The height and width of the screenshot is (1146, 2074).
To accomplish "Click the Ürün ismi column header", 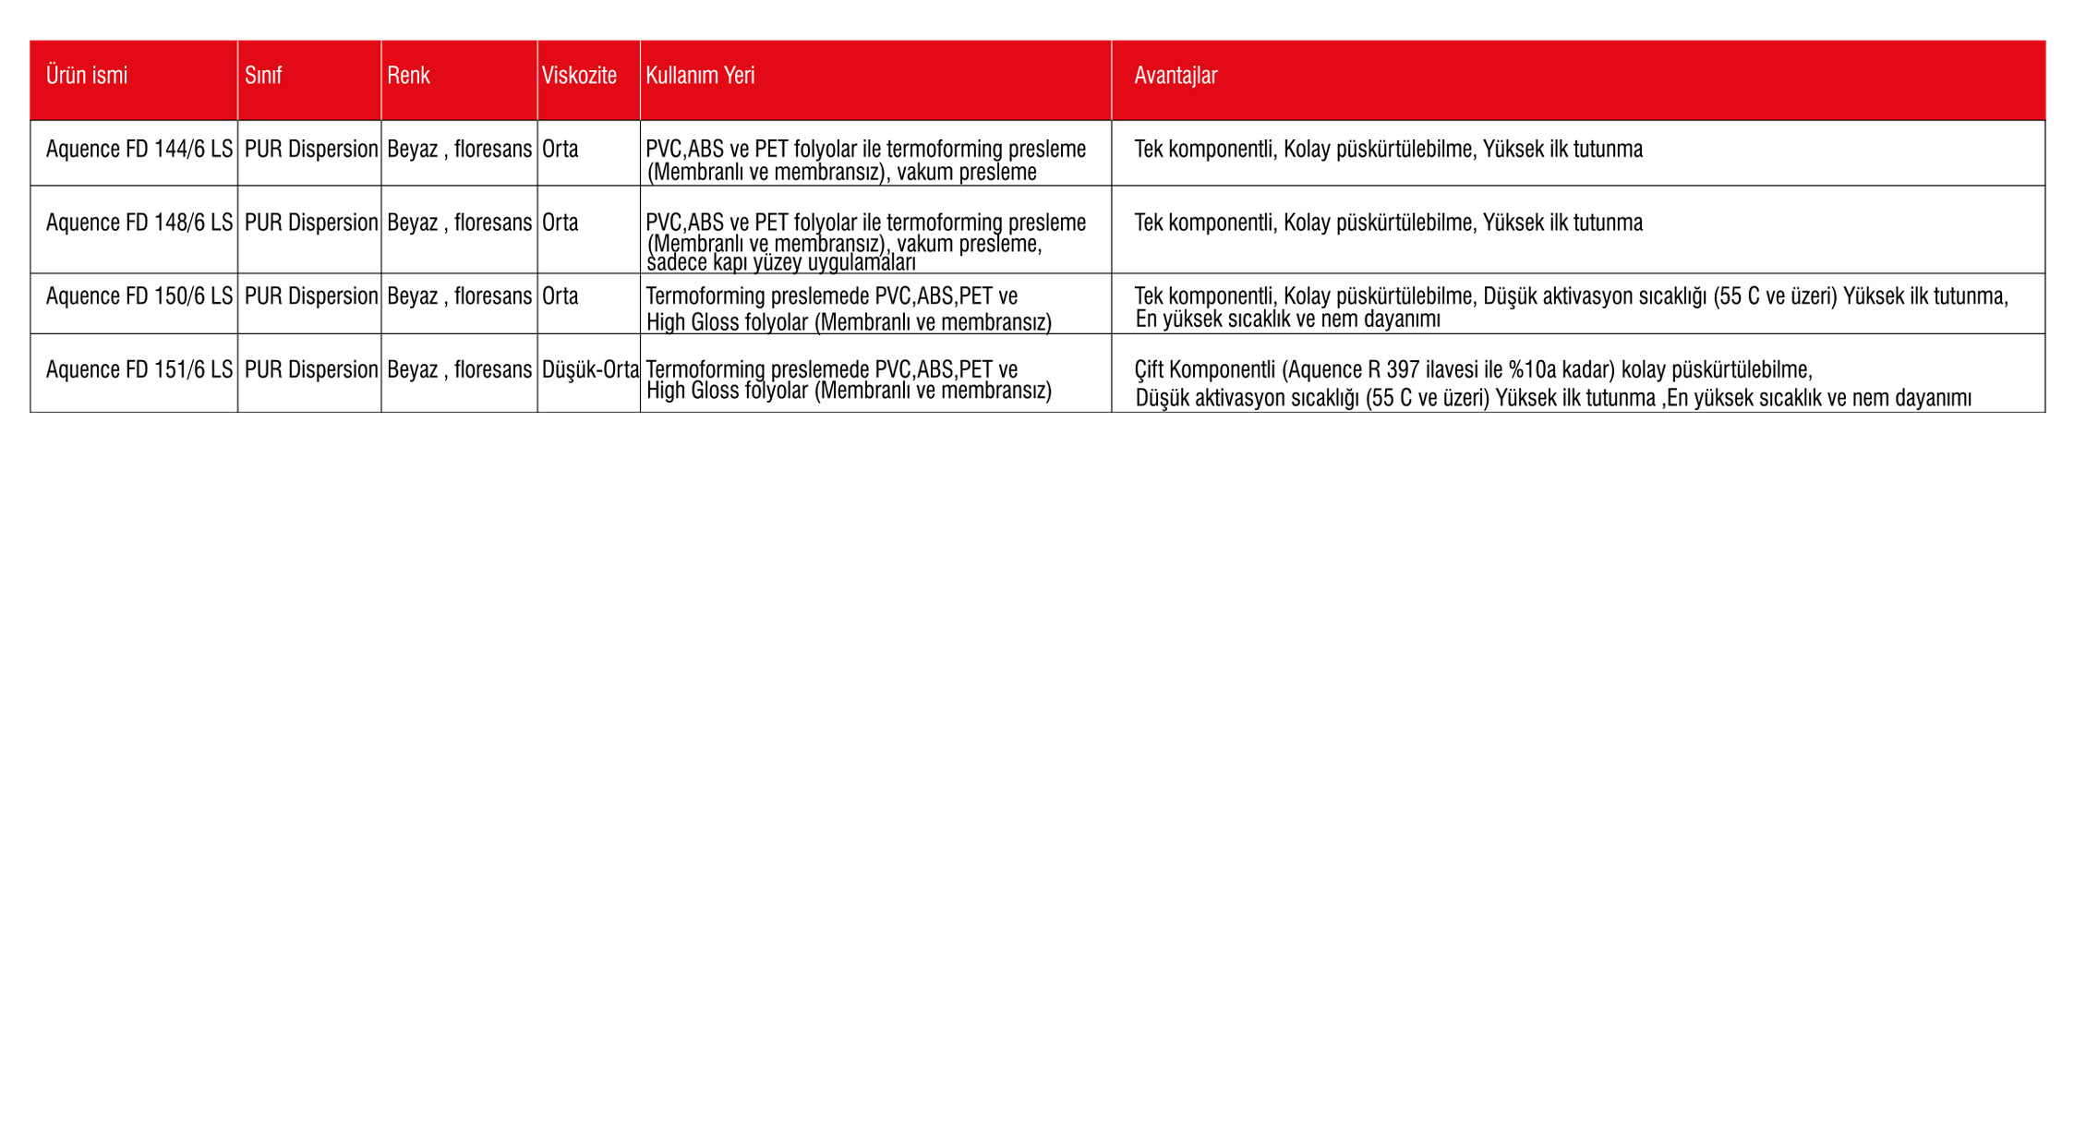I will click(x=87, y=76).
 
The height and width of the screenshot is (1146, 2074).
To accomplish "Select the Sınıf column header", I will click(x=263, y=76).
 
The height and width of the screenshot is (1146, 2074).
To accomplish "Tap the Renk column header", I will click(x=408, y=76).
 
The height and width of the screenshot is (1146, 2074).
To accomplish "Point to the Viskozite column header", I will click(x=579, y=76).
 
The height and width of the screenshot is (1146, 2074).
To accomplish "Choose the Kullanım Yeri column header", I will click(x=700, y=76).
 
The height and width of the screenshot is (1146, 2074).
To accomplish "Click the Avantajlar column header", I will click(x=1176, y=76).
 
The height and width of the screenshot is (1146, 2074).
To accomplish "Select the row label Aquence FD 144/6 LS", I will click(x=139, y=150).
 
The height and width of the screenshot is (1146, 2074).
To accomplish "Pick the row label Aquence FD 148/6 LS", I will click(x=139, y=223).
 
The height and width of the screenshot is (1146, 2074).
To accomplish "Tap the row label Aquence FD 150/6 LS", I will click(x=139, y=296).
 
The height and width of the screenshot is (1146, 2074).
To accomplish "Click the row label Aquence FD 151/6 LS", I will click(x=139, y=370).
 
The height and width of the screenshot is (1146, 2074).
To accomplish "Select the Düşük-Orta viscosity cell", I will click(x=590, y=370).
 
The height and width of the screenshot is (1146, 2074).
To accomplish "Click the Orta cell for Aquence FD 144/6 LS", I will click(x=561, y=150).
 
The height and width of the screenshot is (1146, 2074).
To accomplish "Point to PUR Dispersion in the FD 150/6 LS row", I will click(x=311, y=296).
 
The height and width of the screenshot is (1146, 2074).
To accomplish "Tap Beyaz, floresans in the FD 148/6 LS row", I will click(x=459, y=223).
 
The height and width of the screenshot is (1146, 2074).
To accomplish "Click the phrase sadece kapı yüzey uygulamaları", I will click(x=781, y=263).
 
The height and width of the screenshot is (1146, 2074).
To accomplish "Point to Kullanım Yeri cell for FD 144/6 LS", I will click(x=865, y=160).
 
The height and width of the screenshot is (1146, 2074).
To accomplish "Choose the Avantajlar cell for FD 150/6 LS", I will click(x=1570, y=307).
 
